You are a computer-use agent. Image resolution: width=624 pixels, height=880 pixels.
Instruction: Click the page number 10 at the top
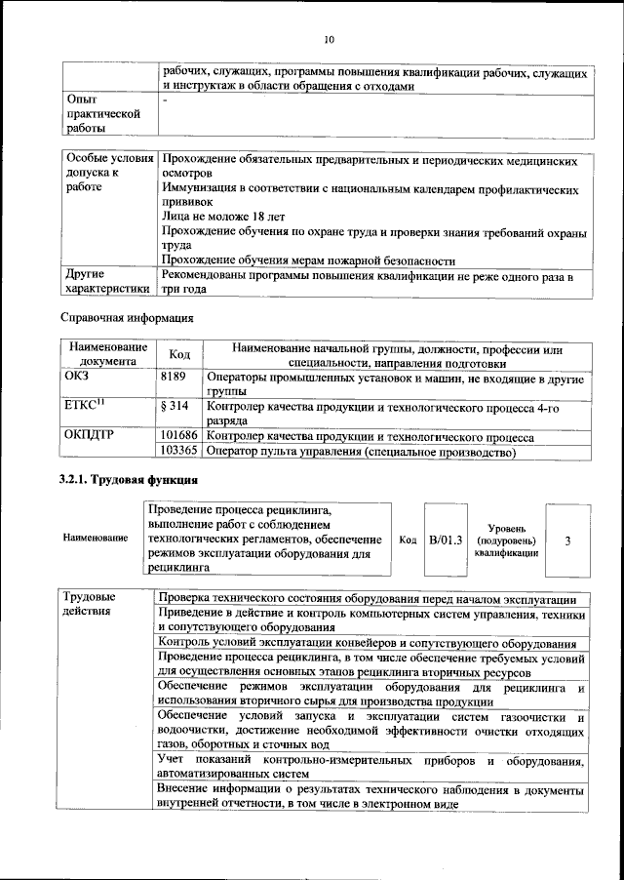pos(329,40)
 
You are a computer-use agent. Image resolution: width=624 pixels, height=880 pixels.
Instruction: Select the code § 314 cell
pos(172,405)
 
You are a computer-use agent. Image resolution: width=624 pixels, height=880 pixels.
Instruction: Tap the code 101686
pos(178,435)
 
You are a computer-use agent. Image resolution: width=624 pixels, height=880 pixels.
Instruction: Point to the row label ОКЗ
pos(77,375)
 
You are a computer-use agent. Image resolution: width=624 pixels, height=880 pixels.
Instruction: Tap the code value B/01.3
pos(445,539)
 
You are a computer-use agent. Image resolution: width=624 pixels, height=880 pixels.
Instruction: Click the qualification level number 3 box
pos(567,539)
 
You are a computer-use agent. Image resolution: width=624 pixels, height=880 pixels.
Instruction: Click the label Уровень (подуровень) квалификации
pos(504,540)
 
